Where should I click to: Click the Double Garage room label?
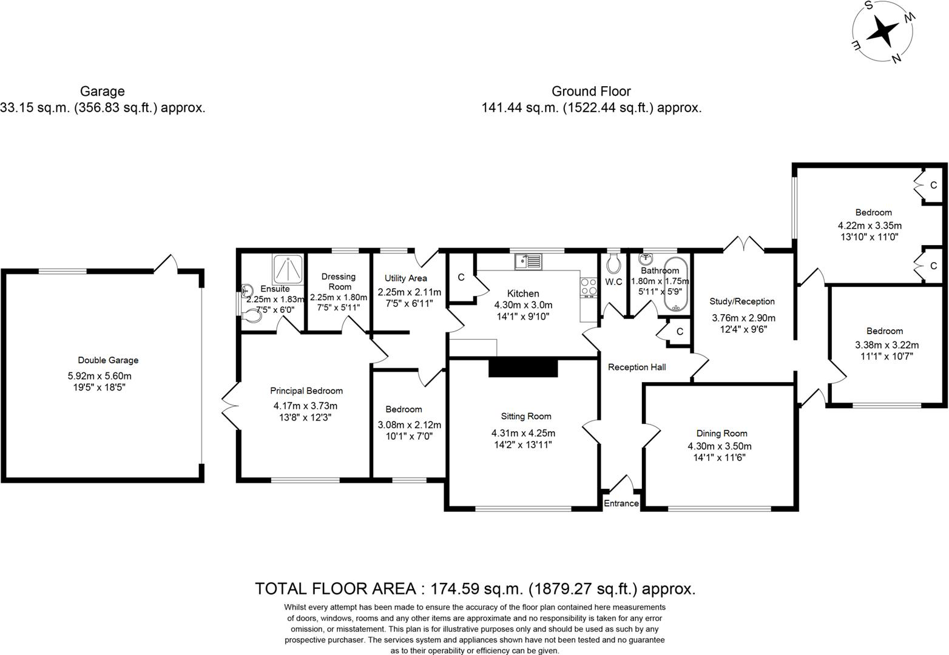pos(108,360)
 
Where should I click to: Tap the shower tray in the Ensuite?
pos(288,269)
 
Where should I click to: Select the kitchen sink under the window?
pos(529,261)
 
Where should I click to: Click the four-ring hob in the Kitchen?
pos(589,286)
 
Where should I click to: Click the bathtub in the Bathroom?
pos(676,284)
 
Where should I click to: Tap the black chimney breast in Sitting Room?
pos(523,368)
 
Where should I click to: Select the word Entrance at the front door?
pos(621,503)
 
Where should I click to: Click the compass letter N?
pos(896,59)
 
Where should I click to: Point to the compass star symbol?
pos(883,32)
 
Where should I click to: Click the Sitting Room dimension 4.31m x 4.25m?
pos(523,433)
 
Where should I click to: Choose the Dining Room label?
pos(721,434)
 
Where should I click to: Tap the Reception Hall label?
pos(637,367)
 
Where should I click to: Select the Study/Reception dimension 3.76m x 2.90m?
pos(743,318)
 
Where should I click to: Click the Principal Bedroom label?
pos(306,391)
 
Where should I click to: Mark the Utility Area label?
pos(405,278)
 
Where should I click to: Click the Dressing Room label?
pos(339,281)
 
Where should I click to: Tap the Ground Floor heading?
pos(591,92)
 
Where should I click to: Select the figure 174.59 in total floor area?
pos(455,589)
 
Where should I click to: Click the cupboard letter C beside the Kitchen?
pos(461,277)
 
